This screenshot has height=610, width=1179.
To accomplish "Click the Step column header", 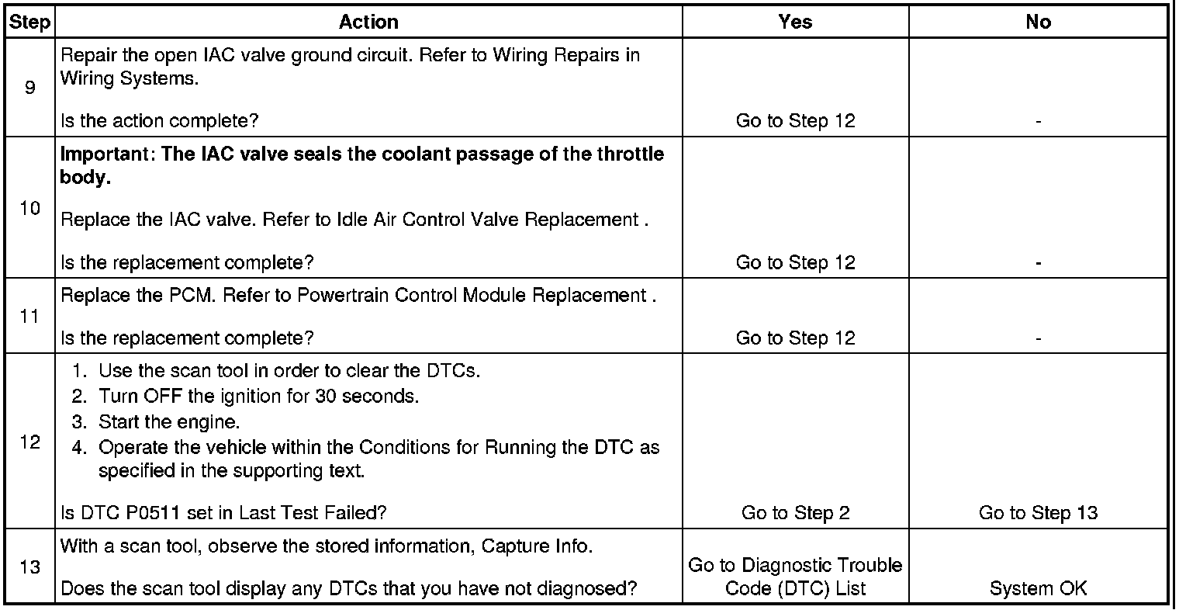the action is point(29,23).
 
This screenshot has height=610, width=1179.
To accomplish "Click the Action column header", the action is point(368,23).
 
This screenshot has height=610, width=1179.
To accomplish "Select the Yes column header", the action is point(795,23).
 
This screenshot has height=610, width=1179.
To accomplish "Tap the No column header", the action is point(1038,23).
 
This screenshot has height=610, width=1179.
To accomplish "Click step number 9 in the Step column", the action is point(29,88).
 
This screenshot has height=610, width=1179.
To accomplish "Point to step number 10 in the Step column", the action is point(29,208).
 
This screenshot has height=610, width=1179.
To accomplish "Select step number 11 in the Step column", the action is point(29,316).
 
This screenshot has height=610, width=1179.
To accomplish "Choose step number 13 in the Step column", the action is point(29,567).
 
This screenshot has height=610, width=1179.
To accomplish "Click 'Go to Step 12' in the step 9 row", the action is point(795,121).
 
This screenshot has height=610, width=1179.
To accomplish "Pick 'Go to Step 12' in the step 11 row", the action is point(795,338).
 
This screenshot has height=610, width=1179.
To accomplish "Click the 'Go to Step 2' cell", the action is point(795,512).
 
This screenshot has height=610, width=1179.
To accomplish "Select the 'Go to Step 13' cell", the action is point(1038,512).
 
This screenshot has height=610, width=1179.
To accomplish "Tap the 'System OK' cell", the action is point(1038,588).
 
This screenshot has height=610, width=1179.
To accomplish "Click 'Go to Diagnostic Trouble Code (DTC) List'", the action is point(795,577).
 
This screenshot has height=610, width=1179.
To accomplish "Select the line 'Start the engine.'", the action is point(169,422).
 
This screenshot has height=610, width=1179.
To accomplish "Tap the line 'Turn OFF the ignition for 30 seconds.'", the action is point(258,397).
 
